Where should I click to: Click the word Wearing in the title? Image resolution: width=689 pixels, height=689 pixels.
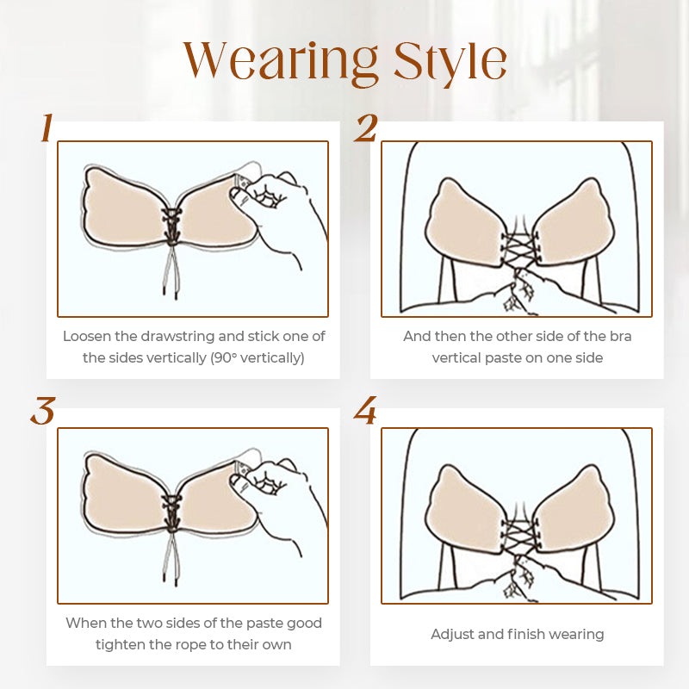tap(281, 62)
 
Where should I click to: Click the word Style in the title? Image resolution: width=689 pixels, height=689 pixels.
tap(450, 62)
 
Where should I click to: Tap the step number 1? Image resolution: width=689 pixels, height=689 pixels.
tap(47, 127)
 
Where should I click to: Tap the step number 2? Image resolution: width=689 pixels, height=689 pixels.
tap(365, 127)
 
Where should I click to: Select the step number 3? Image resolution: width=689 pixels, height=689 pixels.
tap(43, 411)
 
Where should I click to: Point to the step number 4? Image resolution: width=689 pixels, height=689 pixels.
tap(365, 411)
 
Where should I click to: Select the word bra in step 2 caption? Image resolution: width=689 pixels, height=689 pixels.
tap(620, 336)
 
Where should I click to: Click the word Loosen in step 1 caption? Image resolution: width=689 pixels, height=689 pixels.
tap(87, 336)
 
